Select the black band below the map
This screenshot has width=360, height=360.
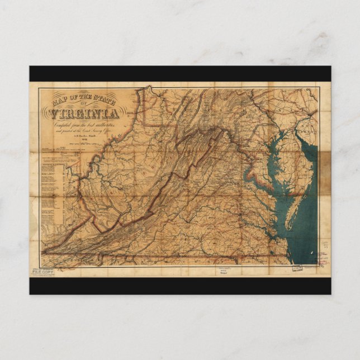[x=180, y=285]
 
